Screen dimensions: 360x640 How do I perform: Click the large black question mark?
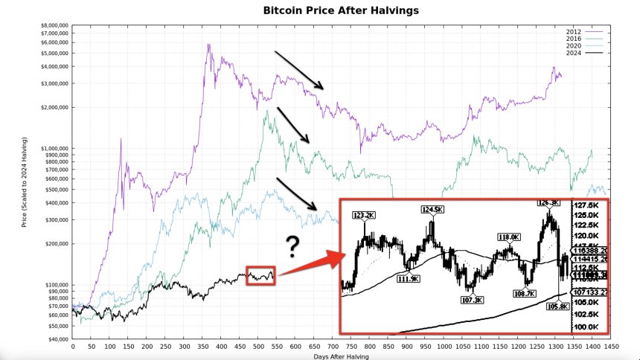(293, 246)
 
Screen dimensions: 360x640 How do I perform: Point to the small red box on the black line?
(261, 275)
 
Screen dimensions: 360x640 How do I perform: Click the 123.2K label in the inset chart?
(364, 216)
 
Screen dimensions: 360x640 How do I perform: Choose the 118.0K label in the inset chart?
(508, 237)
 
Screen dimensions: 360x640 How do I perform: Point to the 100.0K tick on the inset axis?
(588, 327)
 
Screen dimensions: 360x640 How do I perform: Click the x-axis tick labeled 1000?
(444, 347)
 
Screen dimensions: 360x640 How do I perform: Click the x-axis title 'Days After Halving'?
(342, 356)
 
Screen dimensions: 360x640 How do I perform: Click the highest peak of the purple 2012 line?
(208, 45)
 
